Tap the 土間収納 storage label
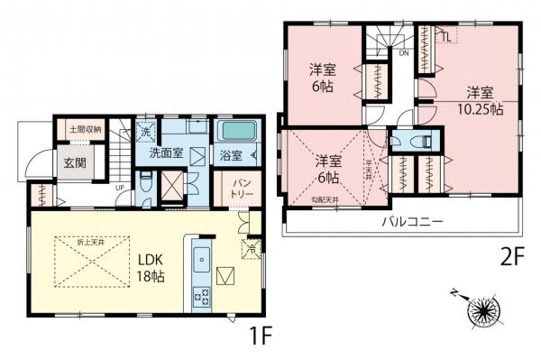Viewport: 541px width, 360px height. click(85, 130)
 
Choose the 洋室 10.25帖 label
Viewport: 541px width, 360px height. click(479, 98)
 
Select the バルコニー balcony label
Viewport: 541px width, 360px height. click(409, 220)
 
